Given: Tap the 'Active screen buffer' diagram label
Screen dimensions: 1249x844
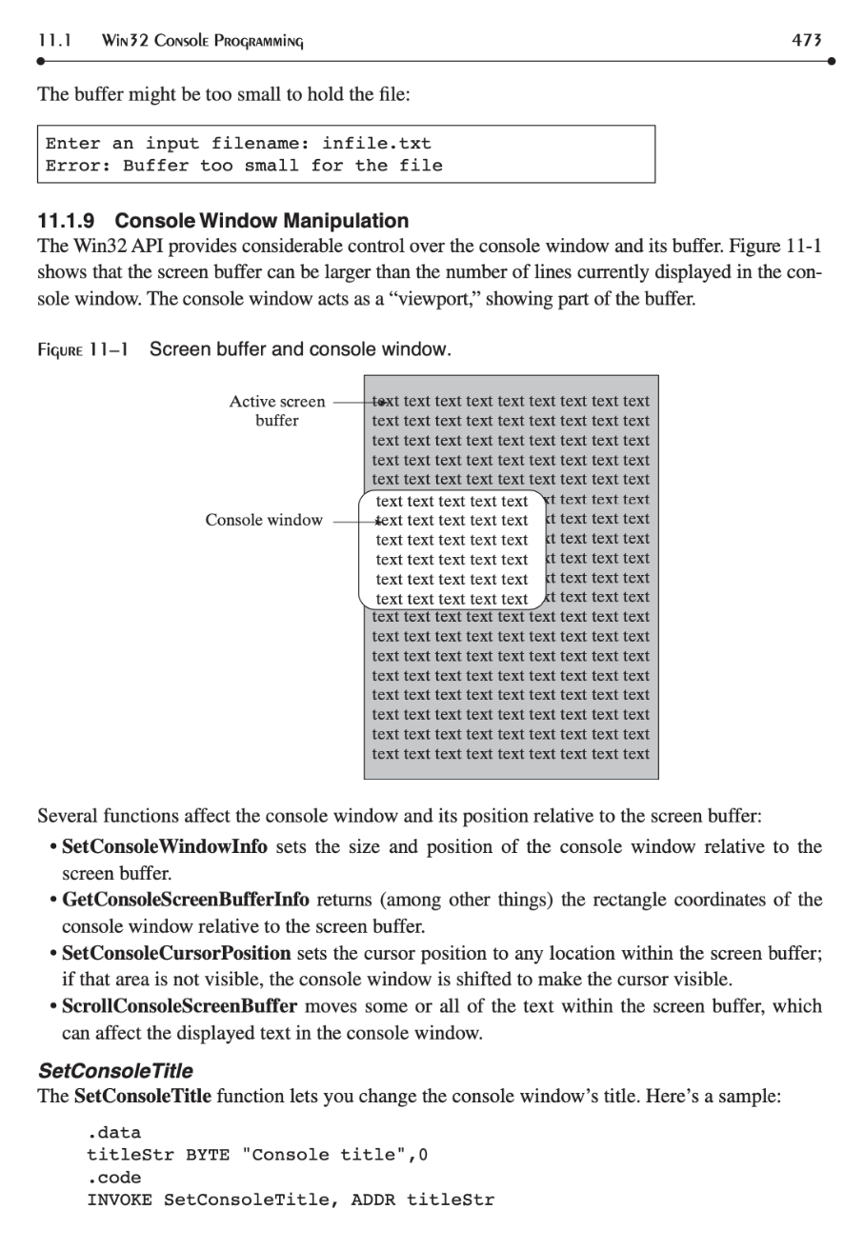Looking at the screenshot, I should (x=276, y=410).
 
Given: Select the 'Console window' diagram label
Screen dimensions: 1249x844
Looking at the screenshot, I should (x=264, y=521).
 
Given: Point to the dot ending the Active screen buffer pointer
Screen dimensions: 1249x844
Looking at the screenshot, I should (x=380, y=402).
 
